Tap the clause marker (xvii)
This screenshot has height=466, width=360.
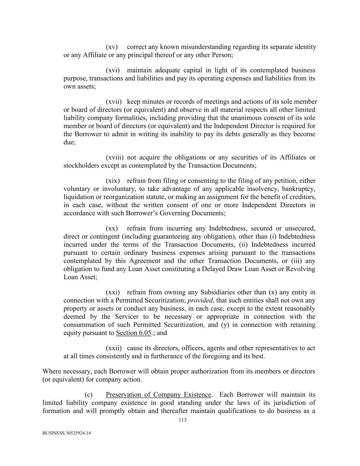114,101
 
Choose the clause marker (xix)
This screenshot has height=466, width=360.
113,181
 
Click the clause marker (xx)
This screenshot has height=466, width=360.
112,228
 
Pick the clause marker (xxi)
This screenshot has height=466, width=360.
113,292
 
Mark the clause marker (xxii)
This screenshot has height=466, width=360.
114,348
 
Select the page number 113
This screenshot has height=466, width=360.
183,420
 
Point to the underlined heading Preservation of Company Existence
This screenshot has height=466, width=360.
158,395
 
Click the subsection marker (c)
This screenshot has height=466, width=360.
88,395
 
